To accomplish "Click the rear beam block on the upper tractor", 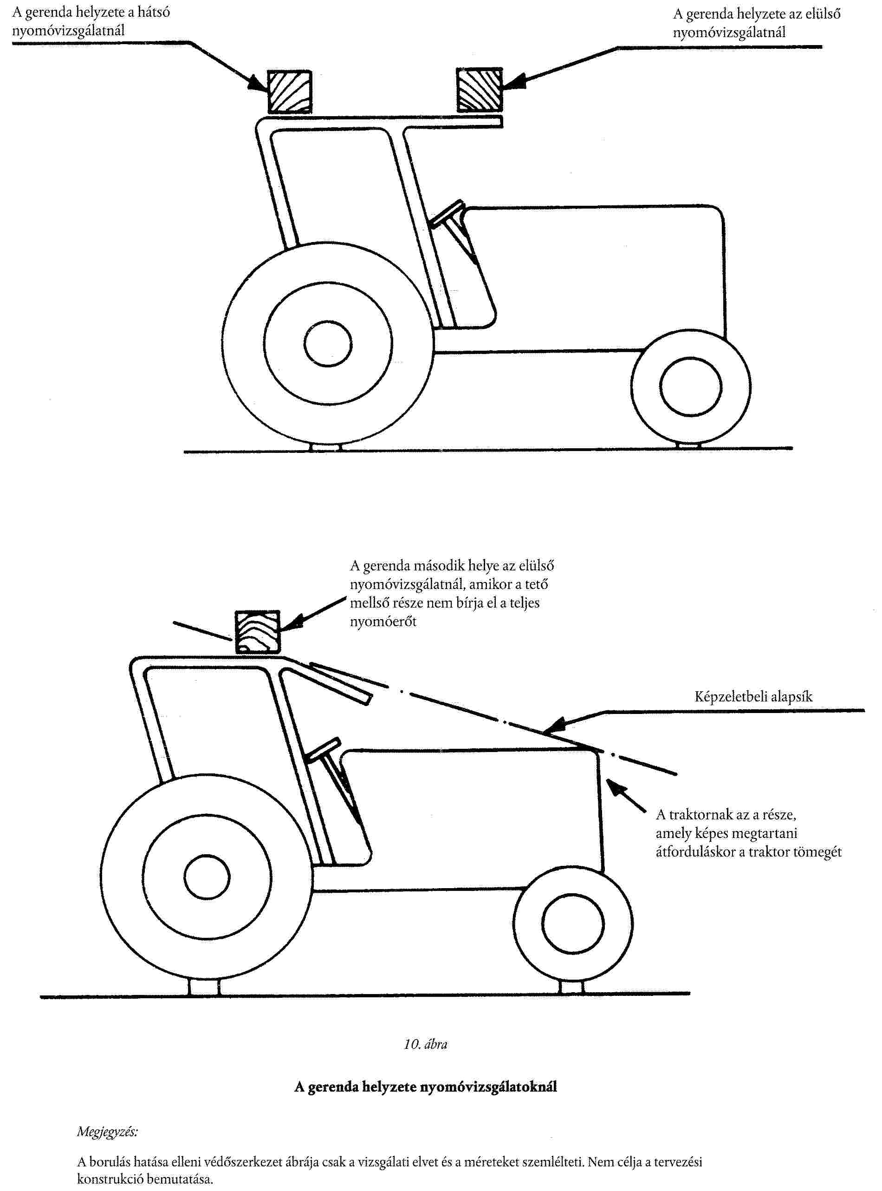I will pyautogui.click(x=289, y=92).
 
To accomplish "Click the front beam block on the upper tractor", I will pyautogui.click(x=480, y=90).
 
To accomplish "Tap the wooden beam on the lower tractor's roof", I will pyautogui.click(x=257, y=632).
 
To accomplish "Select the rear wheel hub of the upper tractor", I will pyautogui.click(x=328, y=343).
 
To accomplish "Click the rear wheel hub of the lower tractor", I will pyautogui.click(x=207, y=877).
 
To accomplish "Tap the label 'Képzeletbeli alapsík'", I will pyautogui.click(x=753, y=696).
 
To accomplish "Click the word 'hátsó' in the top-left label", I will pyautogui.click(x=153, y=12).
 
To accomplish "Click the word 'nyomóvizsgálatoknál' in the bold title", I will pyautogui.click(x=488, y=1086).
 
